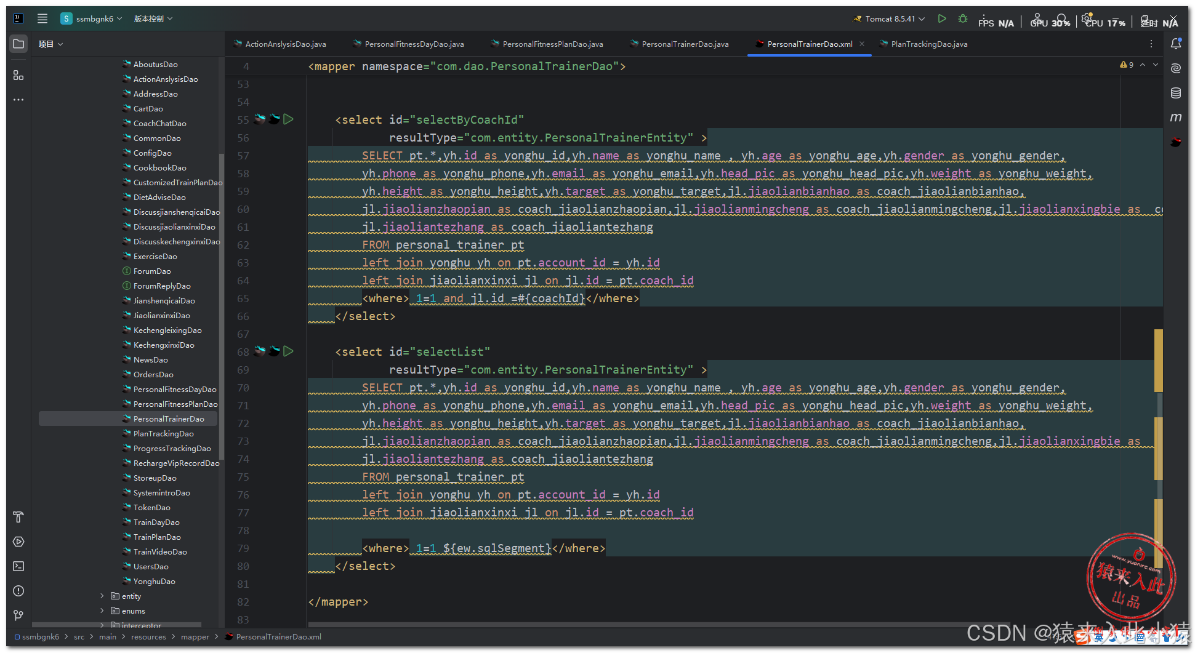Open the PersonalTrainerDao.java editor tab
point(685,44)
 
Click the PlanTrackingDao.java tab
point(928,44)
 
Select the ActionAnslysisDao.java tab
point(285,44)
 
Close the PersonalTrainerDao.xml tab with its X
point(862,44)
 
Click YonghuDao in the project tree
point(154,582)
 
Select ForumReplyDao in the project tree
point(161,286)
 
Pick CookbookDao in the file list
point(159,168)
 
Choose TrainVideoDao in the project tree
point(159,552)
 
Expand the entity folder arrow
point(102,596)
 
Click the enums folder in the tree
point(133,611)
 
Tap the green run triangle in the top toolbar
point(941,19)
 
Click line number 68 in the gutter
point(243,352)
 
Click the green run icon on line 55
point(288,119)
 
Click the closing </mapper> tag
point(338,602)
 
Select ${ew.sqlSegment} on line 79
point(496,548)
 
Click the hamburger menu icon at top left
point(42,18)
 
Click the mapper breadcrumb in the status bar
point(195,637)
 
